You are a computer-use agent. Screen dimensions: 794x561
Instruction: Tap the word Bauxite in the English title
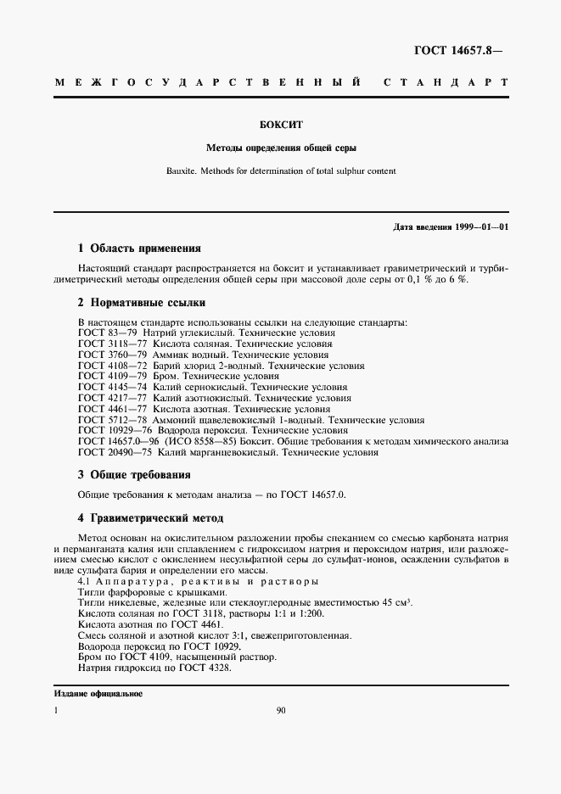(181, 171)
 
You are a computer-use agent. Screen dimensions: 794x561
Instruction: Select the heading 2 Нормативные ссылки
(142, 303)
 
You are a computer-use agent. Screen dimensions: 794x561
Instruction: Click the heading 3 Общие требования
(134, 474)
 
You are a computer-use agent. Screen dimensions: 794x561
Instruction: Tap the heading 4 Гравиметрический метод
(151, 517)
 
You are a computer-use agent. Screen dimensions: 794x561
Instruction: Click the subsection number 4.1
(85, 582)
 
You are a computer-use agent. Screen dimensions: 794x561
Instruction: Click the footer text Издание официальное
(98, 694)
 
